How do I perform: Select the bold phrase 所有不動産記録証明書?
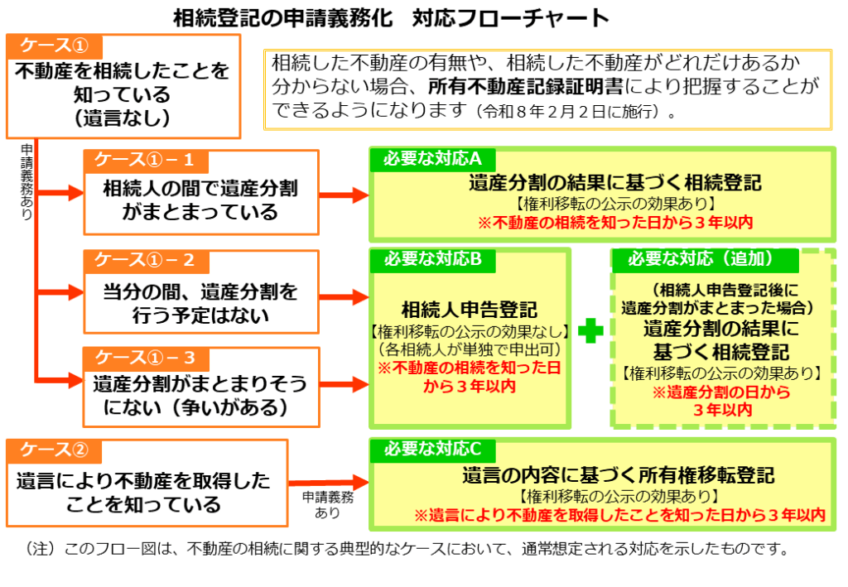click(527, 85)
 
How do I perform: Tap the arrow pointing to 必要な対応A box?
click(344, 195)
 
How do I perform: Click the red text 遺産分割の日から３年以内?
click(722, 401)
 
